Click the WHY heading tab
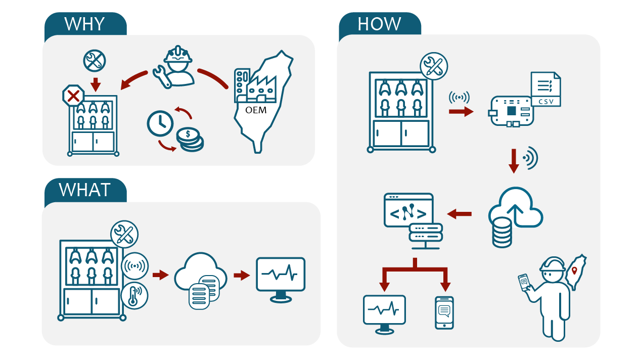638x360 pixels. coord(85,24)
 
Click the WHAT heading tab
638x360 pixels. coord(85,190)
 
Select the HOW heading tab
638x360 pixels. coord(379,24)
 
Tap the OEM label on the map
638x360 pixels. coord(255,110)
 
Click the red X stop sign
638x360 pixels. coord(73,96)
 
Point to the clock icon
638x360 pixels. coord(160,123)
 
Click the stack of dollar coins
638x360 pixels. coord(190,139)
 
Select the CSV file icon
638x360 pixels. coord(545,89)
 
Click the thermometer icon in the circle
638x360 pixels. coord(134,296)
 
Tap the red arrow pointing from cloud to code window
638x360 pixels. coord(460,214)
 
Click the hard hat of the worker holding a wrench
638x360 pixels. coord(178,54)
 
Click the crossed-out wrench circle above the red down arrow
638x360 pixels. coord(95,62)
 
